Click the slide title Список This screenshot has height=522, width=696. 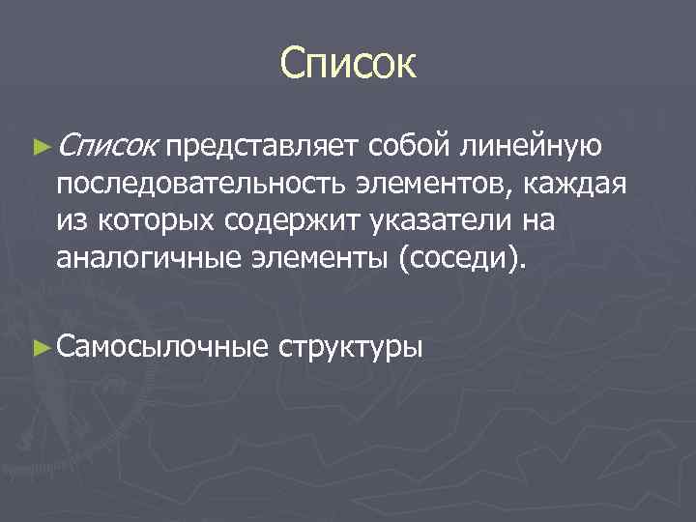coord(348,65)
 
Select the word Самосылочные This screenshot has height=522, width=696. coord(160,346)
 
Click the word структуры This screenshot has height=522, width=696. coord(351,346)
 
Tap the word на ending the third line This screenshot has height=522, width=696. coord(537,221)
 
